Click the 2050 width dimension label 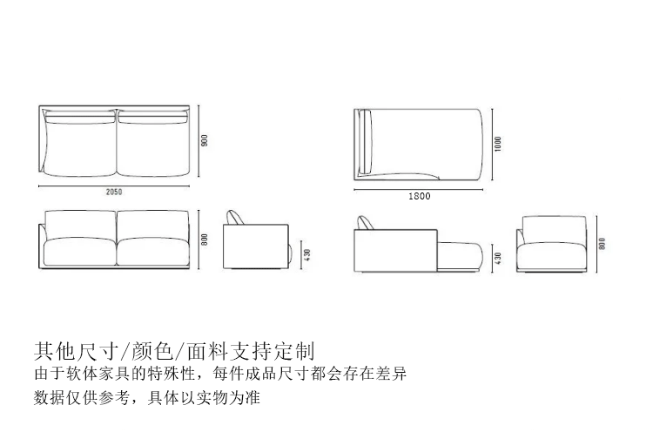click(113, 192)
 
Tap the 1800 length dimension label click(419, 196)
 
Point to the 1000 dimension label click(497, 143)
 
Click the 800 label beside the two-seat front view click(204, 240)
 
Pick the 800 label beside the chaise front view click(601, 244)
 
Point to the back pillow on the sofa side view click(236, 218)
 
